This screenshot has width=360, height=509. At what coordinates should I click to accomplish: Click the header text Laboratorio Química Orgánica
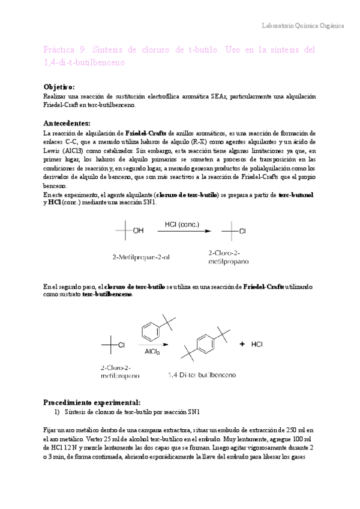click(304, 26)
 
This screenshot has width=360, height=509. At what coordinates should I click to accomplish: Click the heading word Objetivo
click(60, 87)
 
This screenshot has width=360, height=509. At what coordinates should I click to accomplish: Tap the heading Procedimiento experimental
click(92, 402)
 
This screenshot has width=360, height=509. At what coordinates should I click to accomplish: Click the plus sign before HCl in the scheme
click(242, 345)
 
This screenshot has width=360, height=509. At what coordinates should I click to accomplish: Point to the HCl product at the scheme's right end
click(257, 345)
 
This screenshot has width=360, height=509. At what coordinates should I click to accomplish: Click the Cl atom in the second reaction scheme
click(121, 345)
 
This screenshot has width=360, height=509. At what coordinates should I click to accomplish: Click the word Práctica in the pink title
click(60, 49)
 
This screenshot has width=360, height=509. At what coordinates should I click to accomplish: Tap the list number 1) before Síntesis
click(58, 412)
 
